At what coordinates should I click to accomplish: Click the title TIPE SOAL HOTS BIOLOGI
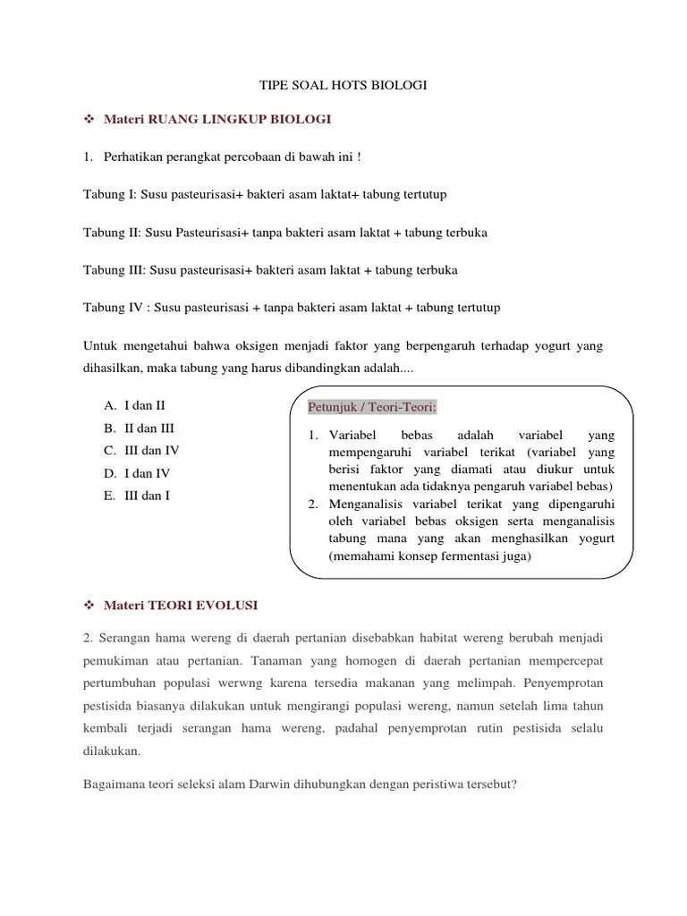(343, 85)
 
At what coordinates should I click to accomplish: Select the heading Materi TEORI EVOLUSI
(181, 606)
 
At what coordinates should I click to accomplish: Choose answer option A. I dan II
(134, 405)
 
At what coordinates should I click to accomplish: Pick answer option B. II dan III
(139, 428)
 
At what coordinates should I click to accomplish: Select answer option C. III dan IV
(142, 450)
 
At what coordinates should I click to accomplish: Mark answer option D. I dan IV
(137, 472)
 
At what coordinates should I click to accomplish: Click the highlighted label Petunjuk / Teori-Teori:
(372, 408)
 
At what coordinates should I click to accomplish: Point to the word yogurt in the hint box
(593, 539)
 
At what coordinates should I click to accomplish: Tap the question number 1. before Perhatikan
(89, 157)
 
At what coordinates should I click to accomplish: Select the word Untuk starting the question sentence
(102, 346)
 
